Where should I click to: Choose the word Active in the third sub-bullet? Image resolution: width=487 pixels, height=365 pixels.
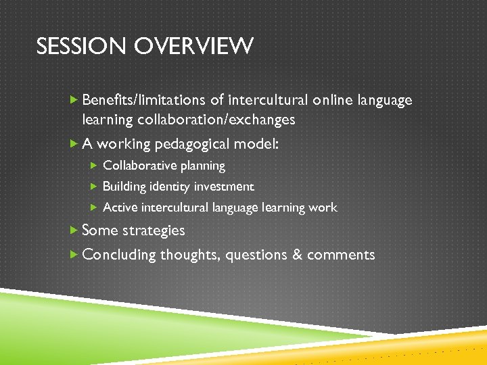click(119, 208)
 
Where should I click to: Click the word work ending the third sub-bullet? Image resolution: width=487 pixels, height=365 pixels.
click(322, 208)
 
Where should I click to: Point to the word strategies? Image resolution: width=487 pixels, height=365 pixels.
click(154, 230)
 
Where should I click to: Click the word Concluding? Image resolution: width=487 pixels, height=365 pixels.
click(118, 255)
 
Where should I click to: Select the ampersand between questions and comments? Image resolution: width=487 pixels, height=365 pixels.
click(293, 255)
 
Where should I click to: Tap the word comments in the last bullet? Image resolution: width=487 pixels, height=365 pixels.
click(340, 255)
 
